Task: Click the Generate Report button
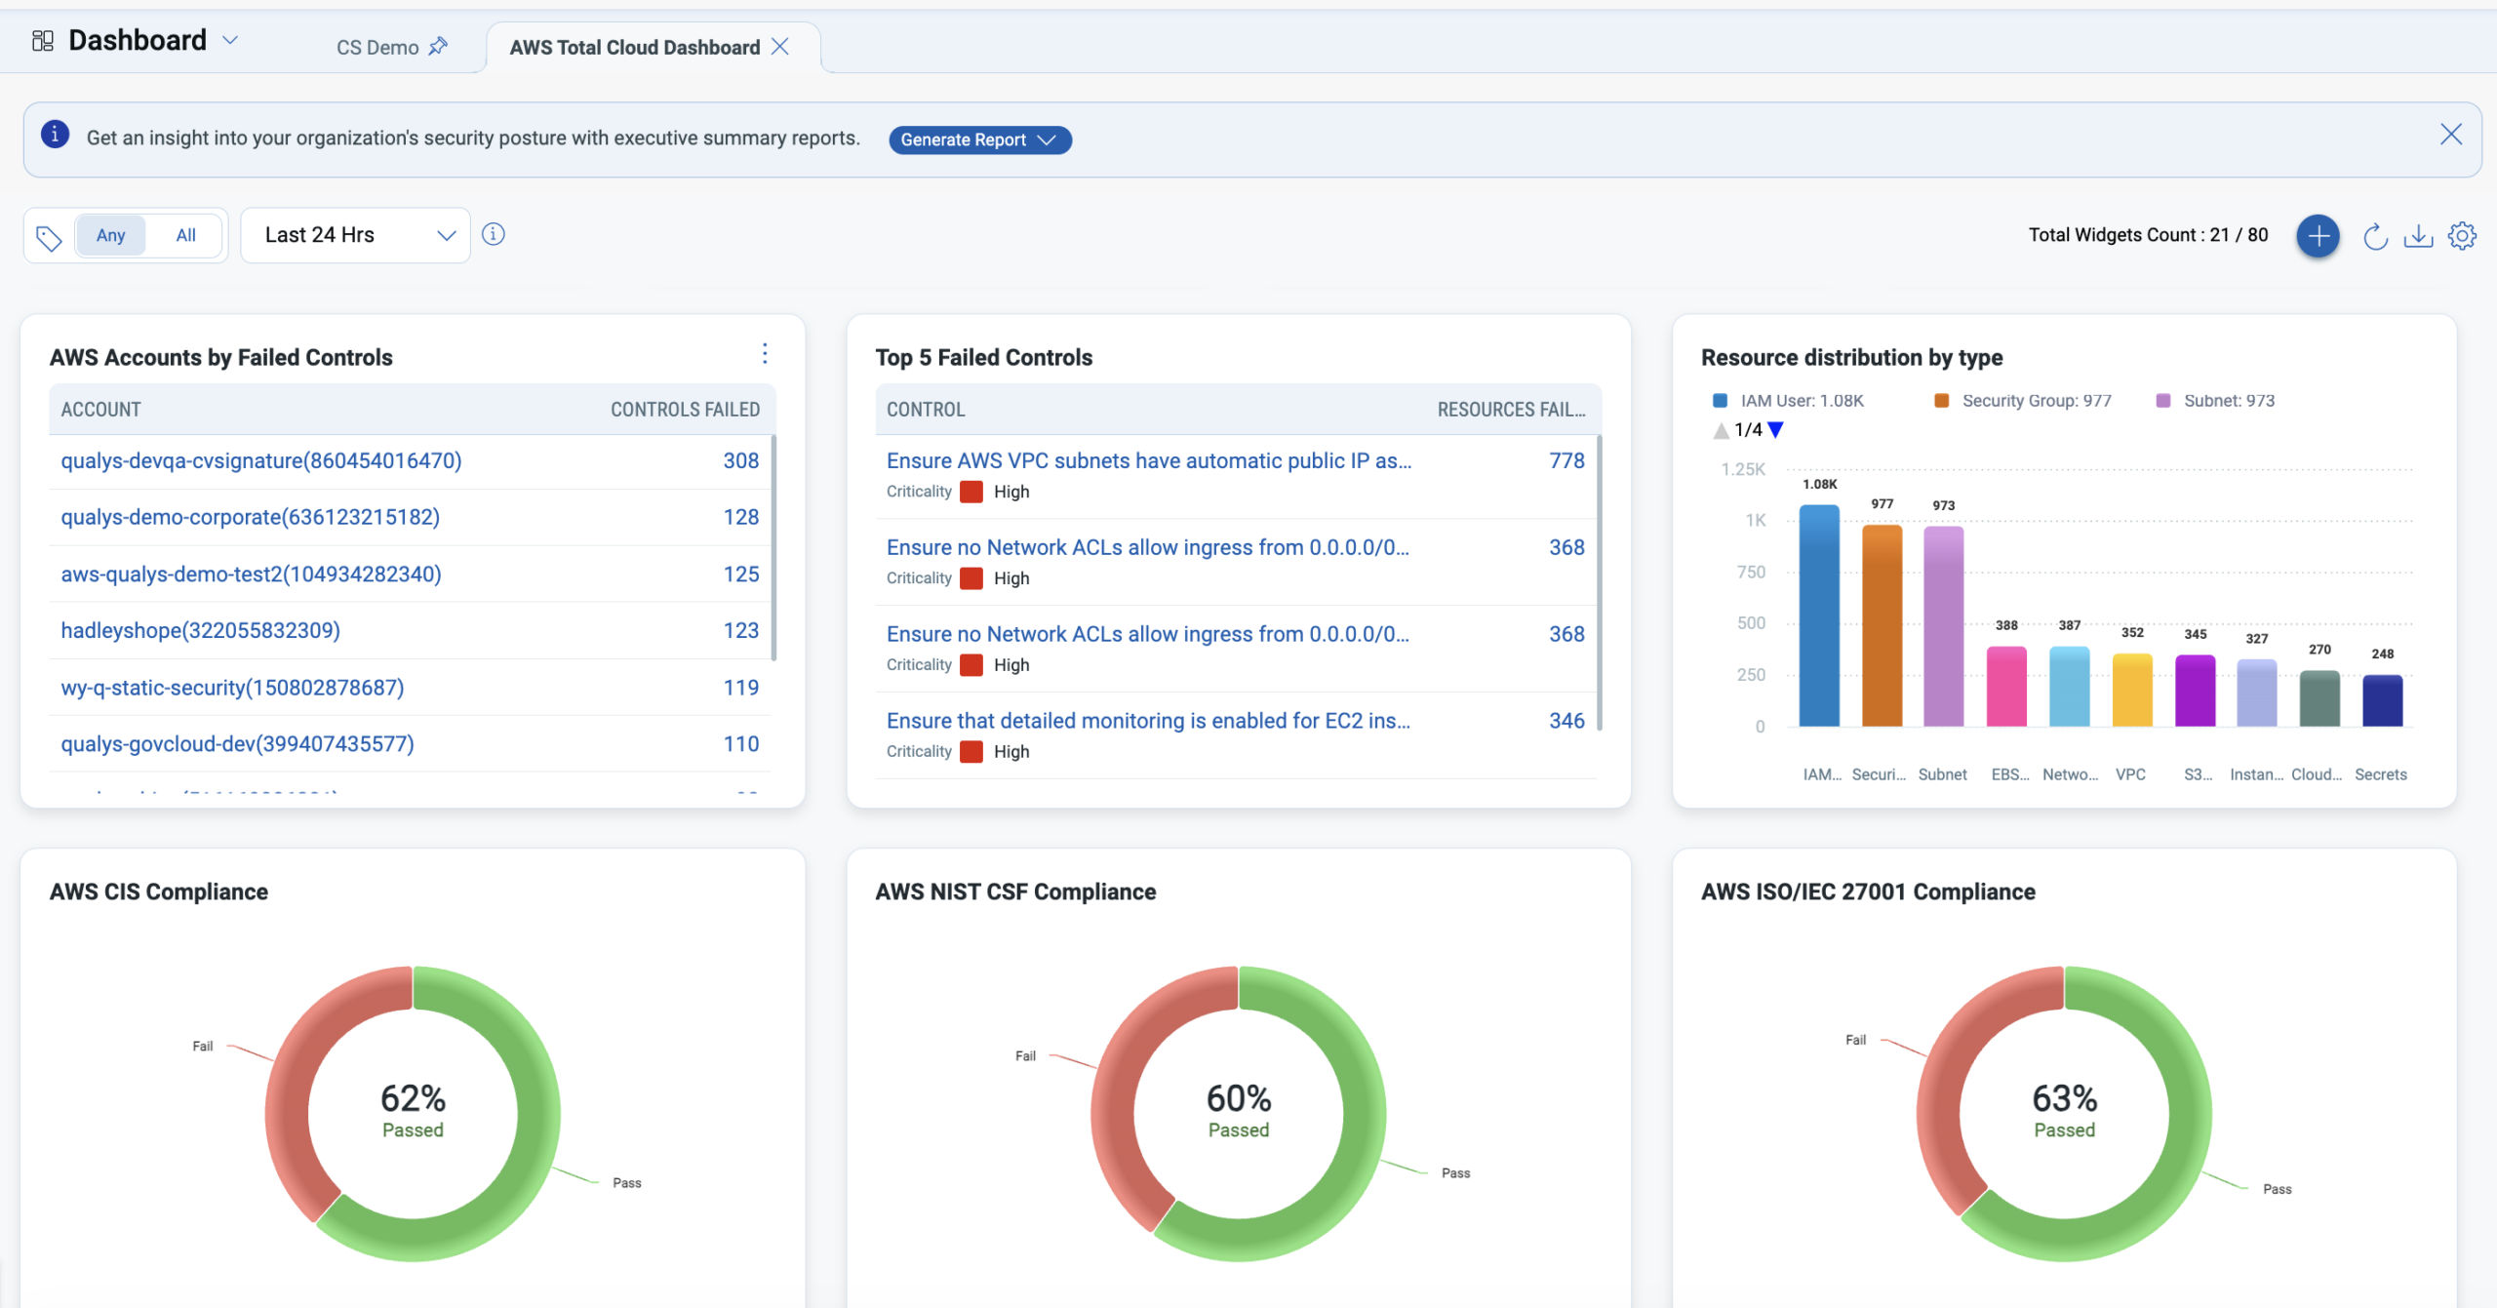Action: (978, 139)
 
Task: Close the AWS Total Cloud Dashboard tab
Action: (780, 47)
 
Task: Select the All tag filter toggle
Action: (185, 235)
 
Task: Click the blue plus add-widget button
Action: (2318, 235)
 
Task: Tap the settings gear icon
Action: (2462, 235)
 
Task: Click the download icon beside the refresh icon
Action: (2418, 235)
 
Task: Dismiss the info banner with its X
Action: (2451, 135)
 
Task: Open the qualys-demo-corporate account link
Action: (250, 517)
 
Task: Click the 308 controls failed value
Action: (740, 460)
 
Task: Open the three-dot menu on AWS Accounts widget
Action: (765, 353)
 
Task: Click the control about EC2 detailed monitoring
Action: (1147, 721)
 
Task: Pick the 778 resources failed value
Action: (1566, 460)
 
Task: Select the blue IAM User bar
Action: (1819, 614)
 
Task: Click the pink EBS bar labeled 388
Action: (2006, 687)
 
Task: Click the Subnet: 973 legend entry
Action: (2228, 401)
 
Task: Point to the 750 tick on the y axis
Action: (1751, 573)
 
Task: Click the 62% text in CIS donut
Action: (413, 1098)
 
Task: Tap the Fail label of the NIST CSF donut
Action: (1025, 1055)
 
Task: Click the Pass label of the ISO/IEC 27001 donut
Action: (2277, 1189)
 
